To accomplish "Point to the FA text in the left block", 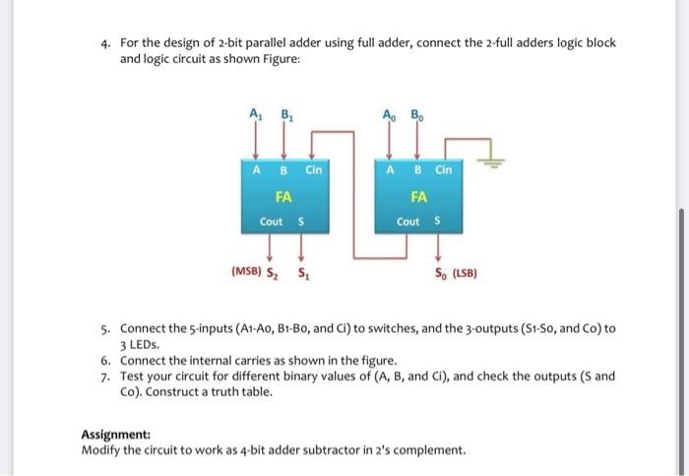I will [282, 195].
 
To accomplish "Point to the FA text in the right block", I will [417, 195].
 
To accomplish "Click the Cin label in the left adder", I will [313, 169].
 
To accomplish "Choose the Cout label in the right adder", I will [406, 221].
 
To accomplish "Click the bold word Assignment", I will [113, 435].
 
